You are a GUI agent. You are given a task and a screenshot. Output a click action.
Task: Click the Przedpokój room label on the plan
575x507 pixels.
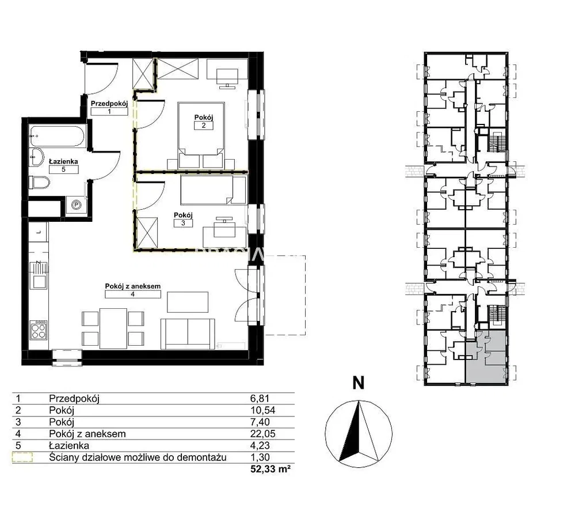click(109, 104)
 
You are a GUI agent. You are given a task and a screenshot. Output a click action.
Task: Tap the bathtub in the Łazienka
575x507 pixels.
click(57, 136)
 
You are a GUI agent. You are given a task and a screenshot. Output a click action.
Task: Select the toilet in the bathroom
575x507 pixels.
click(40, 183)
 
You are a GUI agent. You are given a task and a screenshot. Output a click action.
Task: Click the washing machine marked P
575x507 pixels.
click(77, 205)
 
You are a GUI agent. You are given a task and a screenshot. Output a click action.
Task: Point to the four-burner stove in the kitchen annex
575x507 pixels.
click(39, 330)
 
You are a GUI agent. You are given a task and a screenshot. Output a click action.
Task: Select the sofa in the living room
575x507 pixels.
click(188, 334)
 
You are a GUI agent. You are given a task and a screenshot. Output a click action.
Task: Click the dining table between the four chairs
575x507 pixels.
click(113, 328)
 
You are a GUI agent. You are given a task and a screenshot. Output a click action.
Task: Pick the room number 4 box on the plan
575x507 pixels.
click(133, 294)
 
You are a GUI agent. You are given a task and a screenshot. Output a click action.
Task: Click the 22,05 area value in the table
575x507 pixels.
click(262, 434)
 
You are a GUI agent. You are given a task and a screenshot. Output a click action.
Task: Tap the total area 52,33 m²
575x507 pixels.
click(271, 469)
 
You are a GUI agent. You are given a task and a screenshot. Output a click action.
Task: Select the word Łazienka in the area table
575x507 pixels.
click(69, 445)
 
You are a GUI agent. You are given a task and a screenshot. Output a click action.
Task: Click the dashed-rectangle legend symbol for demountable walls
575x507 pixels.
click(22, 457)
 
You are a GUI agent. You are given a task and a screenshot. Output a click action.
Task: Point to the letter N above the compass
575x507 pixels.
click(358, 383)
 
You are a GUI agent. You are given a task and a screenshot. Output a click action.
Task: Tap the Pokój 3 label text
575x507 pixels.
click(183, 215)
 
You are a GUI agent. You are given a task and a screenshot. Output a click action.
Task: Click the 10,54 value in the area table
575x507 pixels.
click(262, 410)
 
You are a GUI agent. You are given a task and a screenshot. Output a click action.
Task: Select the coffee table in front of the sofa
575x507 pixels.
click(188, 302)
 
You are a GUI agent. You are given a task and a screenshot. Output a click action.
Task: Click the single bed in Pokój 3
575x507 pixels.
click(213, 190)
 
